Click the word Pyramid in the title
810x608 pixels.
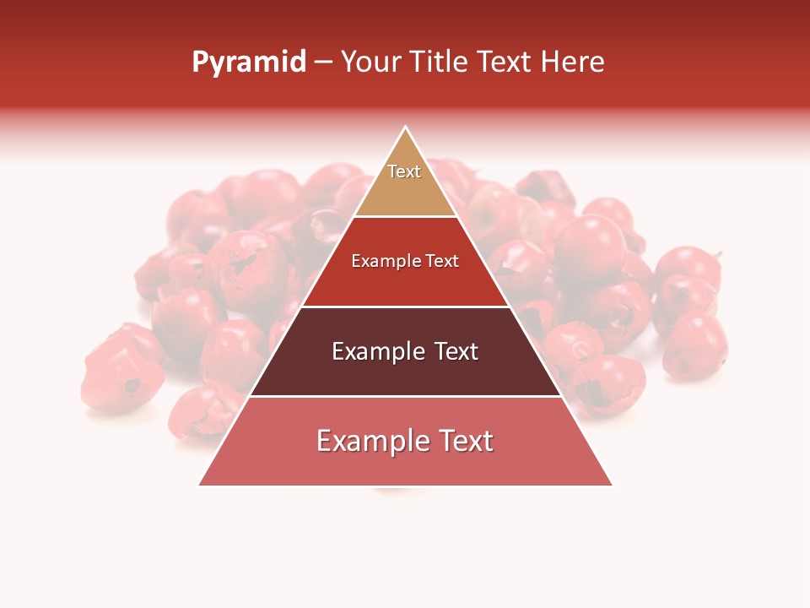[x=249, y=62]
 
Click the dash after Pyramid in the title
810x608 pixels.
[x=323, y=62]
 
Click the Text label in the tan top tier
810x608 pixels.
[x=404, y=171]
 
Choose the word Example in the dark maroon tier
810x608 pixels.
[x=373, y=351]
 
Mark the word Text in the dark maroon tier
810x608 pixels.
[x=451, y=351]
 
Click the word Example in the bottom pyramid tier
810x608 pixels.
[x=366, y=441]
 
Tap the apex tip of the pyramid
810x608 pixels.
[x=406, y=128]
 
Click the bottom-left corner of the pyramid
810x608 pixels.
[x=200, y=485]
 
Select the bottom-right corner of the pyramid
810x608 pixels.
[x=612, y=485]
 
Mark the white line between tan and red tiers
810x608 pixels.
[x=406, y=216]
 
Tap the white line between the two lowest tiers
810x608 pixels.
[x=406, y=396]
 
